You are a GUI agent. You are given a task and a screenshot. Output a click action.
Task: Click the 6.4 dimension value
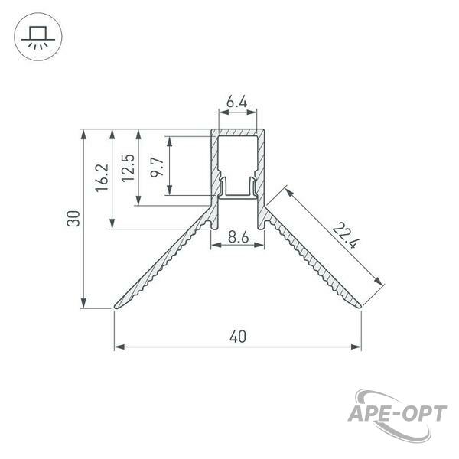point(237,102)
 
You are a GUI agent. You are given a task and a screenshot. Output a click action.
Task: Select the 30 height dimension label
point(73,218)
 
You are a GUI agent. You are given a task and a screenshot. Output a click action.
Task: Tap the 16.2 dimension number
point(102,177)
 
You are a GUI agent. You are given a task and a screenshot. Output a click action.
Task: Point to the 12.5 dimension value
point(128,168)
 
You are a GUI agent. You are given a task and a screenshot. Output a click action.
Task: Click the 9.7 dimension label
point(157,167)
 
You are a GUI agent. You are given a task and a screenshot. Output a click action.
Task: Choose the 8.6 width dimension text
point(238,236)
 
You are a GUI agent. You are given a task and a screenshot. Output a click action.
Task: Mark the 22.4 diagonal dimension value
point(346,235)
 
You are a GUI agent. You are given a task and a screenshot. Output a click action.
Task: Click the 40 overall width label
point(238,337)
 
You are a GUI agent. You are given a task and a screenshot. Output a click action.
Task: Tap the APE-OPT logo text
point(397,413)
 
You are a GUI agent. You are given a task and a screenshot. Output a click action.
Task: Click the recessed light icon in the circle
point(38,37)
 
